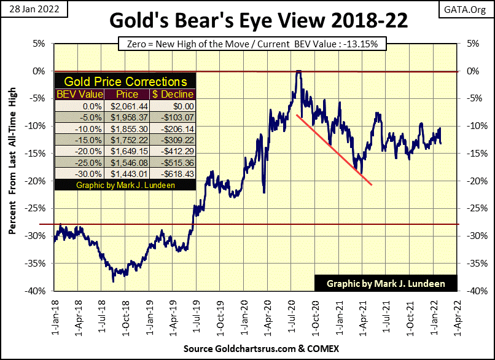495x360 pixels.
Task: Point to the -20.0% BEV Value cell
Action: (x=78, y=151)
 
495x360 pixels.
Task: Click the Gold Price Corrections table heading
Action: (x=125, y=82)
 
